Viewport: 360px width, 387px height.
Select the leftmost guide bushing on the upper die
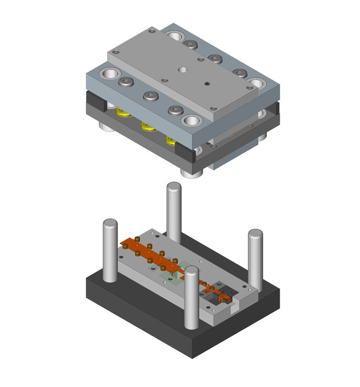111,75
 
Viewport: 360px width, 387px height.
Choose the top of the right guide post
255,234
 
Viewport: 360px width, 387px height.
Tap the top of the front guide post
191,273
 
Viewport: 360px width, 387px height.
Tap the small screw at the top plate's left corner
115,53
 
